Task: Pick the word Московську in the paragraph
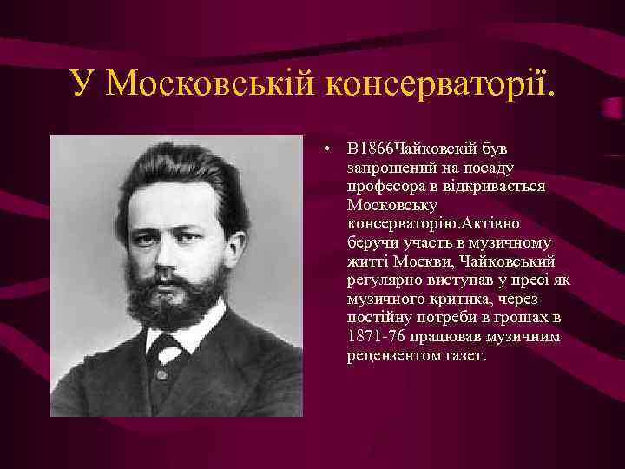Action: tap(385, 204)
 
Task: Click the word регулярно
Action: tap(382, 281)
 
